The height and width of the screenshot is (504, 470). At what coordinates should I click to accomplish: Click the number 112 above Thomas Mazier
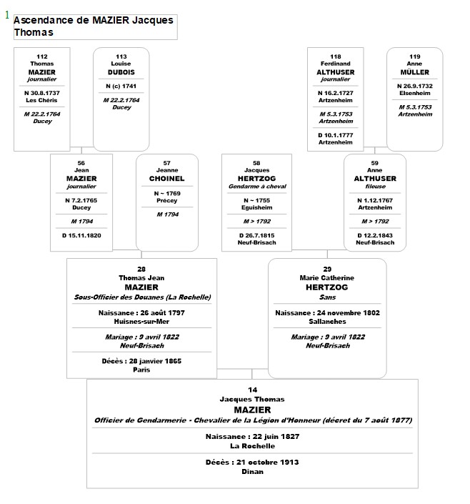pos(42,56)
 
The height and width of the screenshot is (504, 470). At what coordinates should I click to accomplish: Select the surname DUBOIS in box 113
pos(121,72)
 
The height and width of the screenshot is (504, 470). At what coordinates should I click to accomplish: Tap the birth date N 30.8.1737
pos(42,93)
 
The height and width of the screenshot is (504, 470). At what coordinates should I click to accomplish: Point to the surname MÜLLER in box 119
pos(414,72)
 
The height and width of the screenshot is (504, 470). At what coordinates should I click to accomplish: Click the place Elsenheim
pos(414,93)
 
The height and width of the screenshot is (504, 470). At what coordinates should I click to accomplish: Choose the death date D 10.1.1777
pos(335,134)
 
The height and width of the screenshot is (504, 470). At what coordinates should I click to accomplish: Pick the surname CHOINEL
pos(167,179)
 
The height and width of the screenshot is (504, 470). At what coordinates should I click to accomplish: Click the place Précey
pos(167,201)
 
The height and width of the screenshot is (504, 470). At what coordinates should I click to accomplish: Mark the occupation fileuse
pos(375,187)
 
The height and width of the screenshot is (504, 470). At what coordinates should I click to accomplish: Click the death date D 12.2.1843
pos(375,234)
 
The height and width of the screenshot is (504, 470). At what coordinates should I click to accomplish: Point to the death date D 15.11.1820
pos(81,234)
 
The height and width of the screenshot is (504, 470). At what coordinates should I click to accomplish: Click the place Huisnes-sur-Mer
pos(141,321)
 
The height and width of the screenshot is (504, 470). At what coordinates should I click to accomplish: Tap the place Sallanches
pos(327,321)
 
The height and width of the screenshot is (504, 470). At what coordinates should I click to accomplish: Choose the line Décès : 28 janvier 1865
pos(141,361)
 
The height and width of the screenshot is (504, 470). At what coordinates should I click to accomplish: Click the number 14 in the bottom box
pos(252,390)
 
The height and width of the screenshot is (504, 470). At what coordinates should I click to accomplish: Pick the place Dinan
pos(252,471)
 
